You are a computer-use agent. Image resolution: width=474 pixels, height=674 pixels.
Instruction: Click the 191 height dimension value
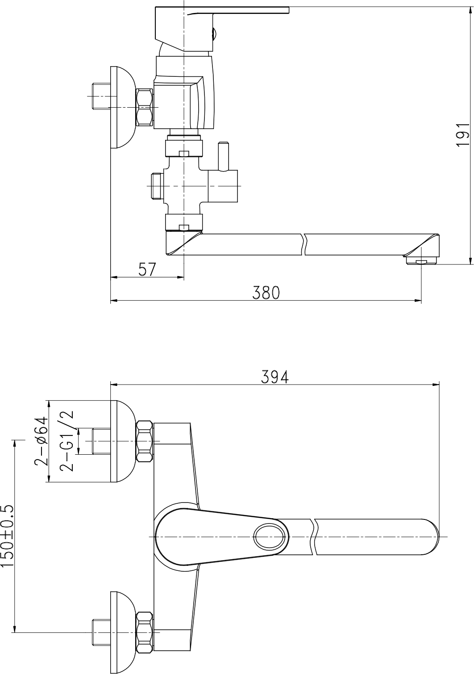pyautogui.click(x=462, y=134)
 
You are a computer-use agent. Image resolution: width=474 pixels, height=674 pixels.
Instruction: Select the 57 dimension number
pyautogui.click(x=147, y=269)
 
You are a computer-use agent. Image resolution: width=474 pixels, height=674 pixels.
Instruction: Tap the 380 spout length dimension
pyautogui.click(x=266, y=293)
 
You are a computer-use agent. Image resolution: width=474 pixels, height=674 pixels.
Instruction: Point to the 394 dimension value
pyautogui.click(x=274, y=377)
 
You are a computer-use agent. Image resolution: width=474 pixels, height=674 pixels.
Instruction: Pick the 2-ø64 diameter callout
pyautogui.click(x=41, y=441)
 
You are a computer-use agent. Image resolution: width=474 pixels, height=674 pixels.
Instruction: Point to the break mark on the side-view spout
pyautogui.click(x=304, y=244)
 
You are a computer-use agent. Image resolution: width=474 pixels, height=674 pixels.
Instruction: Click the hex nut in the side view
pyautogui.click(x=144, y=107)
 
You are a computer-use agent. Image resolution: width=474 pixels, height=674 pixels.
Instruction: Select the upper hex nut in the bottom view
pyautogui.click(x=144, y=441)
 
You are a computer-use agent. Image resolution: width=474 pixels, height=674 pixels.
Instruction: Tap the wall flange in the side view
pyautogui.click(x=121, y=107)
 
